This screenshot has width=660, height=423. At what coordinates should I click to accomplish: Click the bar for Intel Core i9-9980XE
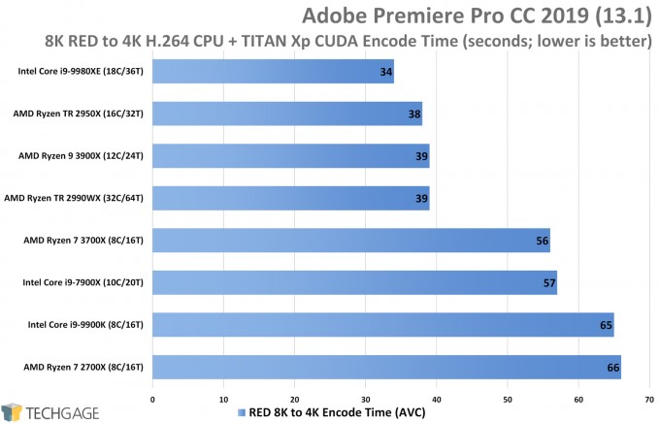(x=273, y=71)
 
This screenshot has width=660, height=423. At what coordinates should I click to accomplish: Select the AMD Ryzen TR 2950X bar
(x=287, y=114)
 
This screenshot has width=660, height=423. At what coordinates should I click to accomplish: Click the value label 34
(x=385, y=72)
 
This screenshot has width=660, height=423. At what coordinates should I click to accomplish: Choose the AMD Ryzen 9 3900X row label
(x=82, y=155)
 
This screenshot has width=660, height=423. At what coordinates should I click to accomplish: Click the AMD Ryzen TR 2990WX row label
(x=76, y=198)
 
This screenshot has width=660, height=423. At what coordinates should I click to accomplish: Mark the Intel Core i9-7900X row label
(x=82, y=283)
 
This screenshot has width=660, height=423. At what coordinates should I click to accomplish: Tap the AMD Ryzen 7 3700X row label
(x=84, y=241)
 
